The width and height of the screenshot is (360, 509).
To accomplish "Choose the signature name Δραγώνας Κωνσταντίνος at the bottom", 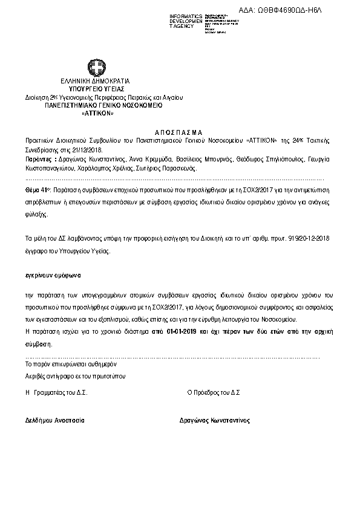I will pyautogui.click(x=214, y=420).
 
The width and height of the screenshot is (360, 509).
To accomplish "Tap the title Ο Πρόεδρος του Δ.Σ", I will pyautogui.click(x=214, y=392).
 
